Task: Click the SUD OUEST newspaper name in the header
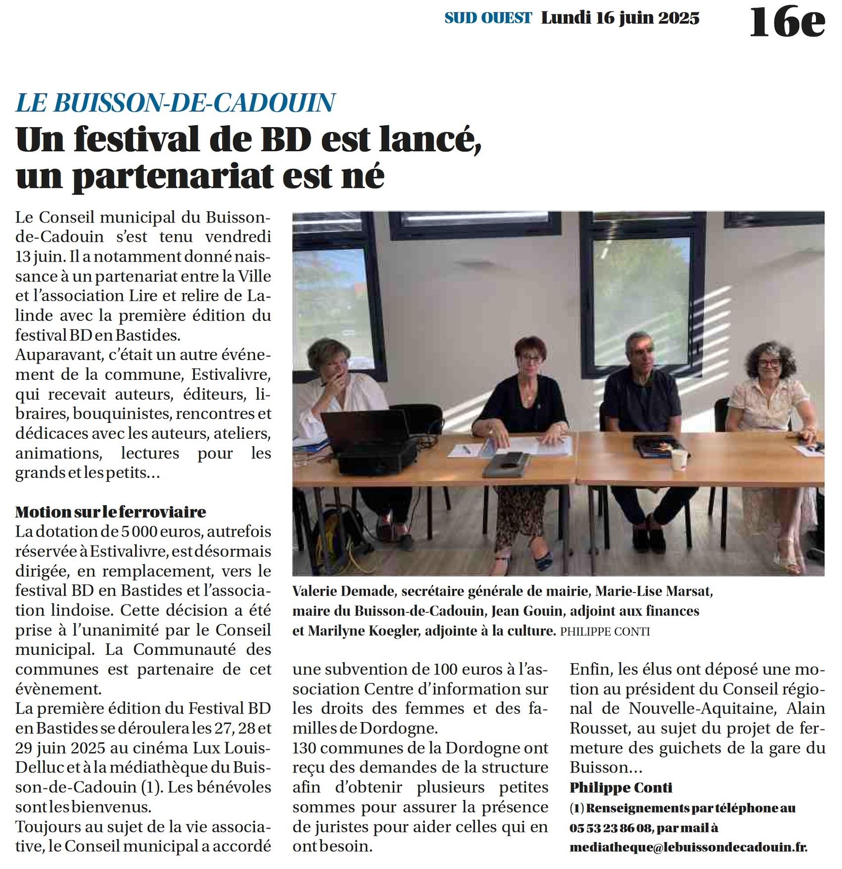[x=488, y=18]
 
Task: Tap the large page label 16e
[x=787, y=22]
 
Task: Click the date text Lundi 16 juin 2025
[x=620, y=18]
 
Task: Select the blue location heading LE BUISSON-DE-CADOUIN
[x=175, y=102]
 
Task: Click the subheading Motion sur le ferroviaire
[x=110, y=511]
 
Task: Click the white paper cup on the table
[x=679, y=459]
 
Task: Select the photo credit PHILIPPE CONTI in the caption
[x=605, y=632]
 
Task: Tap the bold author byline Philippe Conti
[x=621, y=787]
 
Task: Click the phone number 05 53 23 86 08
[x=610, y=827]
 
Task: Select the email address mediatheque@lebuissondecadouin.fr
[x=688, y=847]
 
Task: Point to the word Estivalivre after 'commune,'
[x=231, y=374]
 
